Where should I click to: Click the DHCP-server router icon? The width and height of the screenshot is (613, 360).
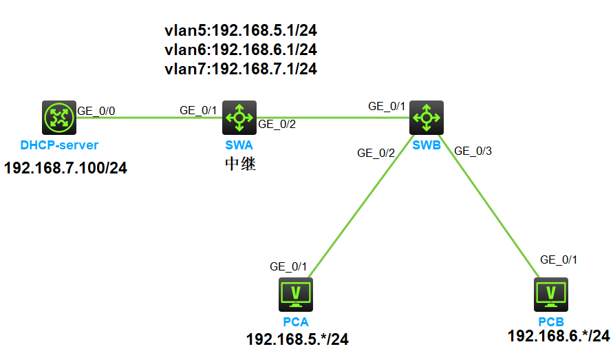tap(58, 118)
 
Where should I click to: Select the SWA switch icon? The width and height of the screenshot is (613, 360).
tap(239, 118)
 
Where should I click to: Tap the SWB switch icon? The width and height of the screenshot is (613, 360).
tap(427, 118)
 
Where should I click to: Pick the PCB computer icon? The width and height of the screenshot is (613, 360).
tap(550, 295)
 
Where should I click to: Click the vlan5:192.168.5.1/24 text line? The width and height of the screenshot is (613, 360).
tap(241, 30)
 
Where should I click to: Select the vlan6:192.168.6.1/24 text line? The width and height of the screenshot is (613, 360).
tap(241, 50)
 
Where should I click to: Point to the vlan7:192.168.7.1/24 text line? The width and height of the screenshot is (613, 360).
tap(241, 69)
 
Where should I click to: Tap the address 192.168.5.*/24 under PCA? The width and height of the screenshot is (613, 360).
tap(297, 339)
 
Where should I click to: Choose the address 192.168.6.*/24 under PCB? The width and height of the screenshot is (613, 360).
tap(558, 336)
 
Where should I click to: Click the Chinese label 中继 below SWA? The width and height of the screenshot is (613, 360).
tap(240, 165)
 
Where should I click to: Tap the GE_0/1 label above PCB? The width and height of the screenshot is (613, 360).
tap(559, 260)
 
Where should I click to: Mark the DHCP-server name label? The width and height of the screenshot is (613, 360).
tap(59, 145)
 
